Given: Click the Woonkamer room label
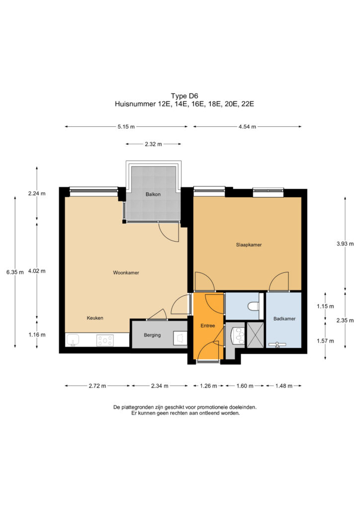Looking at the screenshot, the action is (x=126, y=273).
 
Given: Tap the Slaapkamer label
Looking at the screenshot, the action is (x=249, y=245).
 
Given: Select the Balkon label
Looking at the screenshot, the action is (x=153, y=194).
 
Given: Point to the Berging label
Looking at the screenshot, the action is (x=152, y=335).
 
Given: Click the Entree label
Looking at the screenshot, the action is (x=208, y=326).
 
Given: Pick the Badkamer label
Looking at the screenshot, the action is (x=284, y=319).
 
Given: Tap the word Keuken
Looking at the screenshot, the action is (x=95, y=318).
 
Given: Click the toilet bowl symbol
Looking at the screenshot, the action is (x=253, y=306).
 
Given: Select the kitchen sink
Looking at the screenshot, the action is (x=73, y=340).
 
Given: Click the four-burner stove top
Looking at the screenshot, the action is (x=105, y=340).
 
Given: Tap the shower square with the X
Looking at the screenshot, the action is (x=255, y=335).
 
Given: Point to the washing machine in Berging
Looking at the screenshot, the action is (x=180, y=338).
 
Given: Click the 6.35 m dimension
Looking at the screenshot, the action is (x=15, y=272).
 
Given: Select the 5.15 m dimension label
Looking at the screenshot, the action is (x=126, y=127).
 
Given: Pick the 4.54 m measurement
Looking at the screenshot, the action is (x=247, y=127).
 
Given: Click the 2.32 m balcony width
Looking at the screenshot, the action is (x=153, y=144).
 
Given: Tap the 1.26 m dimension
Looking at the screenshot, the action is (x=208, y=386).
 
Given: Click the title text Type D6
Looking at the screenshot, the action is (x=184, y=96).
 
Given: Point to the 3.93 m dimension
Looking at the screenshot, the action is (x=345, y=244).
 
